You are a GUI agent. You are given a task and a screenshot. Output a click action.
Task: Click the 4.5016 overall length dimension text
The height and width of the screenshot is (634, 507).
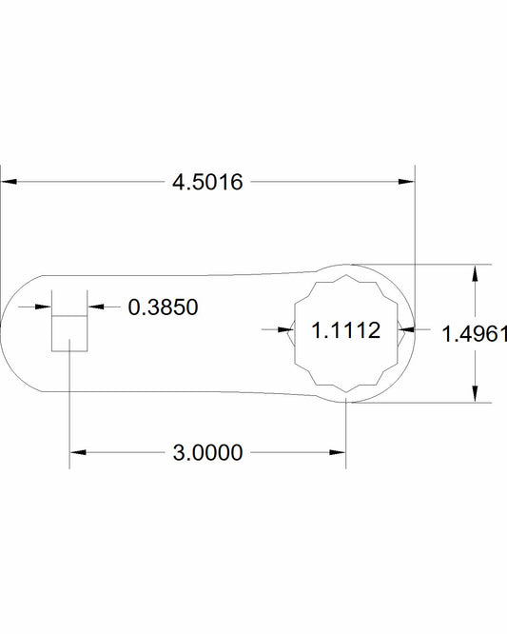coord(207,182)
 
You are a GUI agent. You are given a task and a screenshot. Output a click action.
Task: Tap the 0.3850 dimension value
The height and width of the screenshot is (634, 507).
coord(163,307)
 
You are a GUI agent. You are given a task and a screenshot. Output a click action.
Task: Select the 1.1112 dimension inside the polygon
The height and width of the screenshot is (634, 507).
coord(346,330)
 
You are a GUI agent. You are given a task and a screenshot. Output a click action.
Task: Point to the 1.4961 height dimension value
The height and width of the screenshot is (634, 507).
coord(475,334)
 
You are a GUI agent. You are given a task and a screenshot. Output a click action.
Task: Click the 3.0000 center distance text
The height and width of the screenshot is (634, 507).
coord(207,452)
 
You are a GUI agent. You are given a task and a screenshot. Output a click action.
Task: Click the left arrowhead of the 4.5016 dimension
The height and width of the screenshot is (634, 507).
coord(9,182)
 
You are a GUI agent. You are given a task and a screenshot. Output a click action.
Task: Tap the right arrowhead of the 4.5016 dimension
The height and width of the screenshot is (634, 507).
coord(406,182)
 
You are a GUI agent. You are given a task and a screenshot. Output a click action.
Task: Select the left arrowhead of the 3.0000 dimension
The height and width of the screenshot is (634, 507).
coord(78,452)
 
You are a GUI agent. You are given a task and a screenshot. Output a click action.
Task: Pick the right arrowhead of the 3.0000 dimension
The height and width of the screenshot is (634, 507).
coord(338,452)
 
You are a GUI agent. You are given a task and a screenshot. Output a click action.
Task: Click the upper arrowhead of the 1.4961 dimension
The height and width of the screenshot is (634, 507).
coord(475,273)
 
